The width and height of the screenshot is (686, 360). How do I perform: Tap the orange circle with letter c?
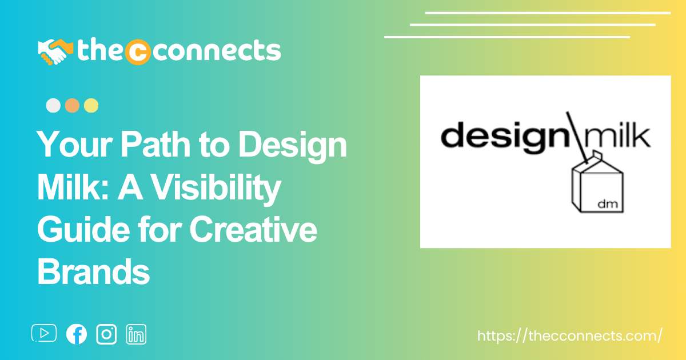(x=138, y=52)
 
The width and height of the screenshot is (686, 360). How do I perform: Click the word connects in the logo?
(x=217, y=50)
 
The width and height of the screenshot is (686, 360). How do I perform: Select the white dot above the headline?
(x=53, y=106)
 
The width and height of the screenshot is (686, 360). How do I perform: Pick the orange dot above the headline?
(x=72, y=106)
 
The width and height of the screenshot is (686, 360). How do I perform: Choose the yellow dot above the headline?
(x=91, y=106)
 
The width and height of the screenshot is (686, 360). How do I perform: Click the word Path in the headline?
(x=155, y=144)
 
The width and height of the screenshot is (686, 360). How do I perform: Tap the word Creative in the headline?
(x=253, y=229)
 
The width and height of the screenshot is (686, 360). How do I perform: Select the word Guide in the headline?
(x=83, y=229)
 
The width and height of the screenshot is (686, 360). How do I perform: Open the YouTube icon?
(x=44, y=333)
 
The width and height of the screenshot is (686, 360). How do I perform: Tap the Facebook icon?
(x=77, y=334)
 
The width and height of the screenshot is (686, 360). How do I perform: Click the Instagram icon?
(x=106, y=334)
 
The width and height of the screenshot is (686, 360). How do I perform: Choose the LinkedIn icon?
(x=136, y=334)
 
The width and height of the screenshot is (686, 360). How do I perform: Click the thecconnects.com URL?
(x=569, y=336)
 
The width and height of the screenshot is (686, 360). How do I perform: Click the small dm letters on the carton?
(x=608, y=203)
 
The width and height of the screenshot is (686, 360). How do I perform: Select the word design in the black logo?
(x=504, y=137)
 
